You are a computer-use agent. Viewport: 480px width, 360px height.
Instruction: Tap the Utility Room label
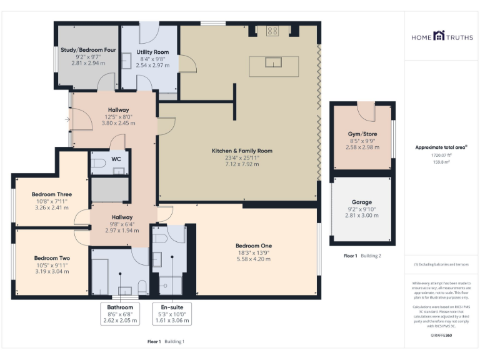152,52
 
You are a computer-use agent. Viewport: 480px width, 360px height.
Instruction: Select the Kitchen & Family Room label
242,151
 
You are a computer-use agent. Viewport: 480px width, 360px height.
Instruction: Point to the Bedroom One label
253,246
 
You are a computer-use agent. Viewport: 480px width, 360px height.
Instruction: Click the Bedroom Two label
52,258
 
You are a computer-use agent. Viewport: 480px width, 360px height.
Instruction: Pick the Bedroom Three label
52,194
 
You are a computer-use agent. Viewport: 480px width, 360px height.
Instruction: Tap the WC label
116,159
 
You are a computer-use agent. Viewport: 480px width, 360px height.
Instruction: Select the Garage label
361,202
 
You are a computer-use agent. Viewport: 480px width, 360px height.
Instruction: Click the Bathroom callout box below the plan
119,314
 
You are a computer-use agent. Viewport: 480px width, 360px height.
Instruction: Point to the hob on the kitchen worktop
272,31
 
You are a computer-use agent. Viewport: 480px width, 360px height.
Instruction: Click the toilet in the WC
98,164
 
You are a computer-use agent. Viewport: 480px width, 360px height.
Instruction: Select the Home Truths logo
441,37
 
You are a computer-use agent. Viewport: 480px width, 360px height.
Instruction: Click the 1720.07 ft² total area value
441,154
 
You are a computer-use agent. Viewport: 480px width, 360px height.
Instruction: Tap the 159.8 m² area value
441,161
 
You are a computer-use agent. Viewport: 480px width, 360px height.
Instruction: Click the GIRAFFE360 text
441,336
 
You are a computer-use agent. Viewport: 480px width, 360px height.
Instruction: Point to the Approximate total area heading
441,147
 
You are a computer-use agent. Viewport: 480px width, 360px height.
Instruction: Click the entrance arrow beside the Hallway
67,119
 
